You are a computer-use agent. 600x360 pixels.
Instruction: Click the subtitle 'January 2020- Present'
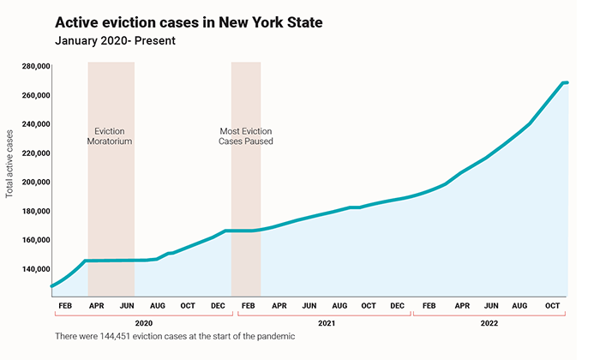[x=115, y=40]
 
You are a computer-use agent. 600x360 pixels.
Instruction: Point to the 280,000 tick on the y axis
[x=30, y=66]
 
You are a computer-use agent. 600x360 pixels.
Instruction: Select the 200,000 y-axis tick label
[x=30, y=182]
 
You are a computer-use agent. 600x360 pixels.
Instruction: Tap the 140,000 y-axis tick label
[x=30, y=268]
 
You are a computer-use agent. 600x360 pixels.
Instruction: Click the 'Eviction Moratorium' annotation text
[x=110, y=136]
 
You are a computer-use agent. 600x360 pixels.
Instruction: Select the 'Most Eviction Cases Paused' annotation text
[x=246, y=136]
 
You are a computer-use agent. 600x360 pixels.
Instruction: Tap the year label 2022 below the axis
[x=489, y=322]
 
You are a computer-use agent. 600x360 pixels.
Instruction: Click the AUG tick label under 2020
[x=158, y=305]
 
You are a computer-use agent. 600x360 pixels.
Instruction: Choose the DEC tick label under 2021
[x=397, y=305]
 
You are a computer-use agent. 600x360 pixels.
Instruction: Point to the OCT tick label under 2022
[x=553, y=305]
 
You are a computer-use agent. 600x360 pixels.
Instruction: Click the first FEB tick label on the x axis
[x=64, y=305]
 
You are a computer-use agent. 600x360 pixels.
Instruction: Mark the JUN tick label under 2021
[x=309, y=305]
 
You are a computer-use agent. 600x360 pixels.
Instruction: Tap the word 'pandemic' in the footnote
[x=275, y=337]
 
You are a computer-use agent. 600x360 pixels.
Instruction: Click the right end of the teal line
[x=567, y=82]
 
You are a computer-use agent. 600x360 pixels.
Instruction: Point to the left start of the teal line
[x=52, y=285]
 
